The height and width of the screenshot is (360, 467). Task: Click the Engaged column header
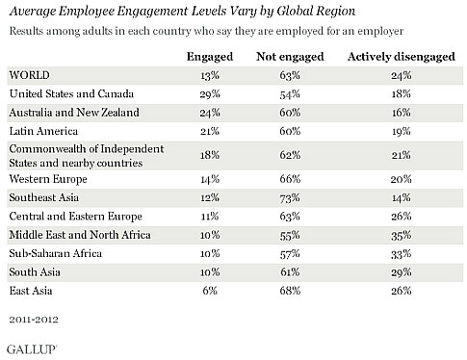[210, 57]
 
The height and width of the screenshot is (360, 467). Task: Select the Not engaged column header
[290, 57]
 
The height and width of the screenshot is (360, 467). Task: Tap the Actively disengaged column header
[402, 57]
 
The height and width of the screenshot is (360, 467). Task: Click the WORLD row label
[30, 75]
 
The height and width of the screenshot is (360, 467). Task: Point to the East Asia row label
[31, 291]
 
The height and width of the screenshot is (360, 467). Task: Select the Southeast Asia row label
[44, 197]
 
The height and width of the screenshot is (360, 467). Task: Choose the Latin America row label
[43, 131]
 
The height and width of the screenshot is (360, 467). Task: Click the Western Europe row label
[48, 179]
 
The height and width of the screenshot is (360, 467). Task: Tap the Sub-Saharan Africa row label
[56, 253]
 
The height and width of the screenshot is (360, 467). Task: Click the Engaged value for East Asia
[210, 291]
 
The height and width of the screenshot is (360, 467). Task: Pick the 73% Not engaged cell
[290, 197]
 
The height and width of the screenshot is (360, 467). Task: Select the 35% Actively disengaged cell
[402, 235]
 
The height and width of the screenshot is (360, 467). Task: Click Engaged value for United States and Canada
[210, 94]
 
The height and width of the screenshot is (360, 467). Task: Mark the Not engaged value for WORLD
[290, 75]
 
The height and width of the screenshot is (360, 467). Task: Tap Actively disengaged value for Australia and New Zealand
[402, 113]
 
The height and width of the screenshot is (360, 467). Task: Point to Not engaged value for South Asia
[290, 272]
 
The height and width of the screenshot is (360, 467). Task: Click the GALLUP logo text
[32, 349]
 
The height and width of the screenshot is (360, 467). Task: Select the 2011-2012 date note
[34, 320]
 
